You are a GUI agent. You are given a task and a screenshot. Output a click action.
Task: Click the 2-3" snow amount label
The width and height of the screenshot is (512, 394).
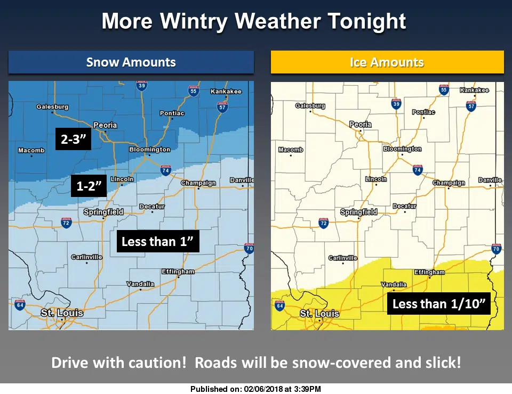(x=74, y=139)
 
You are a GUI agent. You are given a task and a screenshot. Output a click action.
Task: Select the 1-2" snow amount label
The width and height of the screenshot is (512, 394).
(x=89, y=186)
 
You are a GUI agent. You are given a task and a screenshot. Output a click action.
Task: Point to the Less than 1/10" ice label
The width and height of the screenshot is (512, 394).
(x=438, y=303)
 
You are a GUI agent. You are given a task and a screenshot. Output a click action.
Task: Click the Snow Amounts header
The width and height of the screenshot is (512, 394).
(x=131, y=62)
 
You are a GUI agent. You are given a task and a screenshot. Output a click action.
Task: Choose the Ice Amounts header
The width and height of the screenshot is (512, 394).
(x=387, y=62)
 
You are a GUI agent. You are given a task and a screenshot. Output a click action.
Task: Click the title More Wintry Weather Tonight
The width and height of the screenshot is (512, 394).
(x=254, y=21)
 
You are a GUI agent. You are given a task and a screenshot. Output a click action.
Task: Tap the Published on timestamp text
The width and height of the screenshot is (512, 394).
(x=255, y=389)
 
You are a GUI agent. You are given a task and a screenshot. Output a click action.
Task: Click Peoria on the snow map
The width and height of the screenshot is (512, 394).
(x=105, y=126)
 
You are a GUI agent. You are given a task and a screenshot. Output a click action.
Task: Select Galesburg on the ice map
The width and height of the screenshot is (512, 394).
(x=310, y=106)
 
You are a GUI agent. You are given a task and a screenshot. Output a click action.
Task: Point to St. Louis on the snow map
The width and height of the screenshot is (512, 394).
(x=62, y=313)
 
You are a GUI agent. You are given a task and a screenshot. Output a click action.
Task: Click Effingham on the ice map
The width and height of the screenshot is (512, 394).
(x=429, y=272)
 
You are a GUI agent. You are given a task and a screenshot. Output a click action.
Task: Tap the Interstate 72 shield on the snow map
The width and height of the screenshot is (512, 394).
(x=66, y=222)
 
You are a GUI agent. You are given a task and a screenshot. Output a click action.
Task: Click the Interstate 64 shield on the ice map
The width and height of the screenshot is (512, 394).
(x=280, y=306)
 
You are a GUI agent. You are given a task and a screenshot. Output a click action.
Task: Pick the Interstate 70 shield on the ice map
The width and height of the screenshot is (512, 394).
(x=496, y=249)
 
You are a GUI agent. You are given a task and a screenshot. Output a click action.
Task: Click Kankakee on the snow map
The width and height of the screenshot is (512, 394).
(x=226, y=92)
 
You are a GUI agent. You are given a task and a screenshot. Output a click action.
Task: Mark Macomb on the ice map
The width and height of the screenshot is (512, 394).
(x=291, y=150)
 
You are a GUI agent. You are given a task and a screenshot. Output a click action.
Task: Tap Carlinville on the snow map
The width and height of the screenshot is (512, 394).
(x=86, y=257)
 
